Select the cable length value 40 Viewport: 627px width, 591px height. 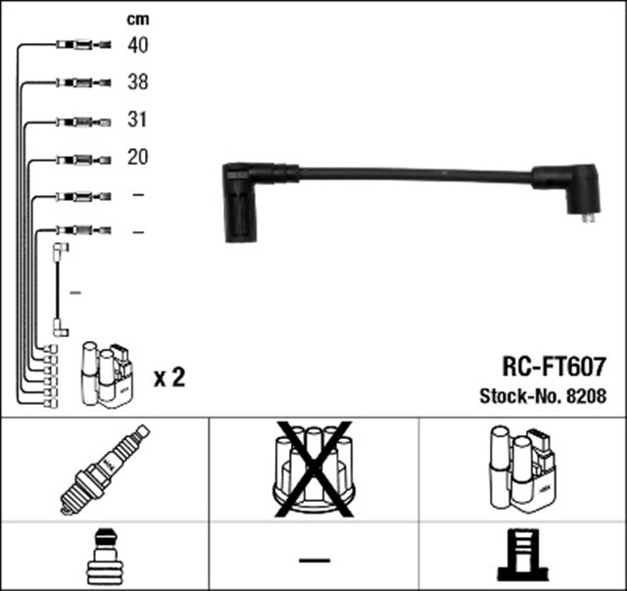(138, 45)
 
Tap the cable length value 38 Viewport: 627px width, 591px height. (138, 83)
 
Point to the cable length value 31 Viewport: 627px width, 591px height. (138, 121)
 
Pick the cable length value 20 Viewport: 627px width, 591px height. (138, 158)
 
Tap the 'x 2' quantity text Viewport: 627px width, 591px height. (169, 376)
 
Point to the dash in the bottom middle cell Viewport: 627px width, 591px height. (313, 561)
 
